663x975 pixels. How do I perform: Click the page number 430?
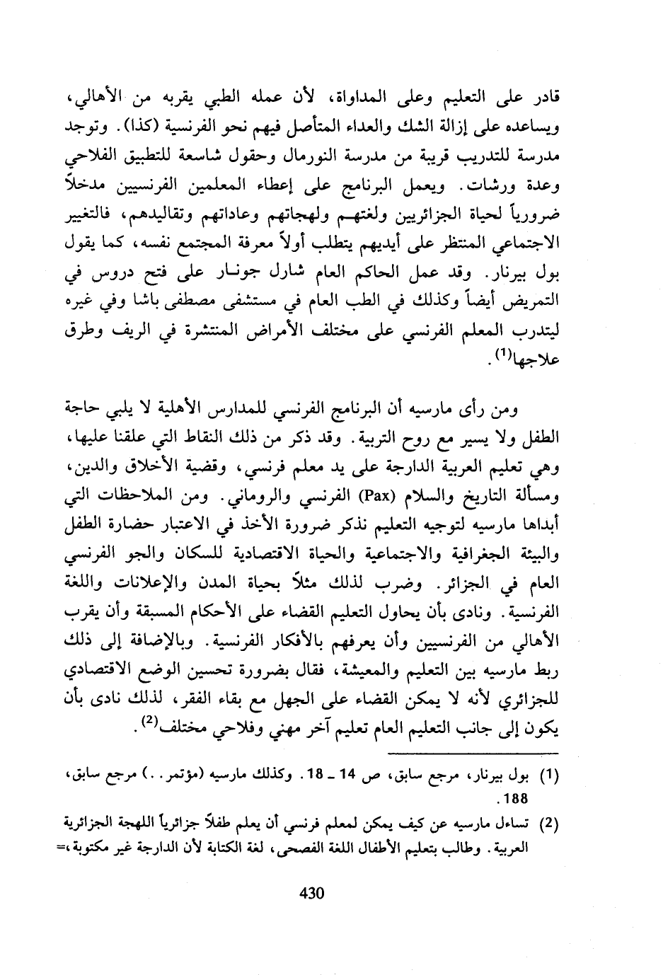point(311,893)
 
